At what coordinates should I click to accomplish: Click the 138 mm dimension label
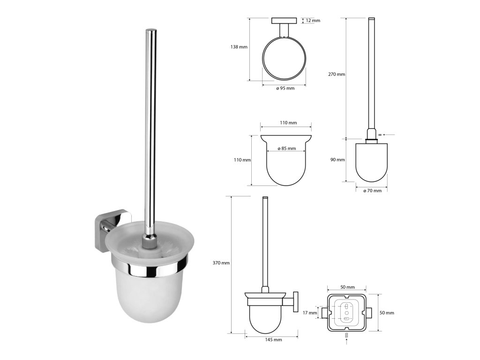[239, 47]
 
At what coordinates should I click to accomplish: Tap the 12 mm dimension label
[313, 21]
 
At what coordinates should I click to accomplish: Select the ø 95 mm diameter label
[285, 88]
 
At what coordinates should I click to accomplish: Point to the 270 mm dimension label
[337, 74]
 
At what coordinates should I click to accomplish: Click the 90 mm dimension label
[337, 159]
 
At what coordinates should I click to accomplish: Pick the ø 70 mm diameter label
[372, 190]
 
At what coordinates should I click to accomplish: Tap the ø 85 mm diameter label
[286, 149]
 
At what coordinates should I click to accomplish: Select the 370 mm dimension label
[221, 262]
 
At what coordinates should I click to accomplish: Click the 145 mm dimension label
[273, 339]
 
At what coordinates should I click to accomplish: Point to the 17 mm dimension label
[310, 313]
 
